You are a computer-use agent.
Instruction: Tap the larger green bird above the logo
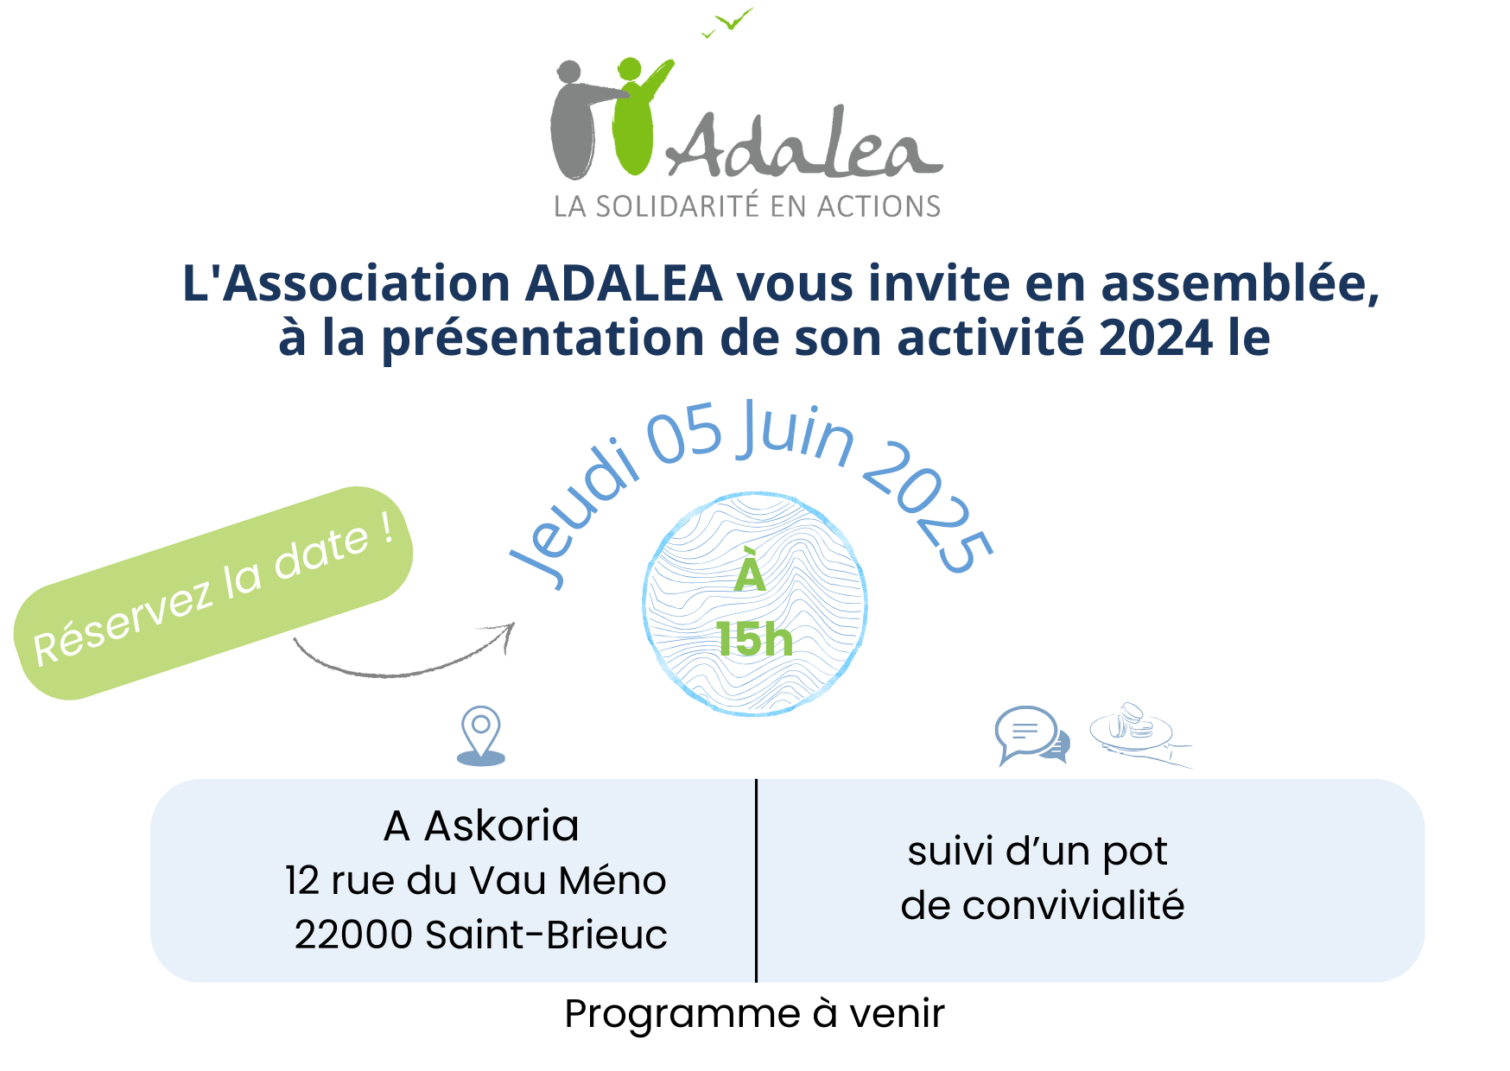coord(736,18)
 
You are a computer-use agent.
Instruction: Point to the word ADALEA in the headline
coord(624,283)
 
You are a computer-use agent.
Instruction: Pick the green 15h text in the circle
coord(754,640)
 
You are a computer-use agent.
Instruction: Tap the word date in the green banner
coord(321,553)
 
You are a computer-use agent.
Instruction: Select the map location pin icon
coord(481,736)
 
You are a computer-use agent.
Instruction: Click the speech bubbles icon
coord(1032,736)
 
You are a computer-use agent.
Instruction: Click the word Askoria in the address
coord(502,827)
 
